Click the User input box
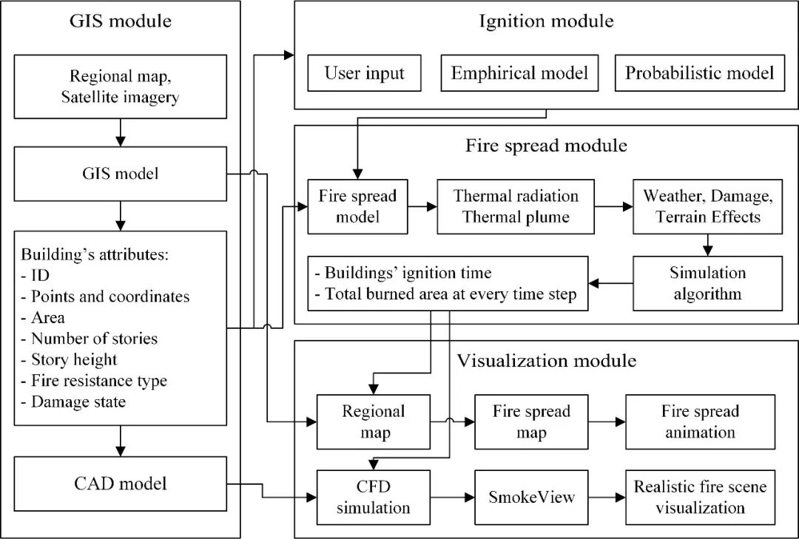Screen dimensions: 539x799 click(365, 73)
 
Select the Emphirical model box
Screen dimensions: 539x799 click(519, 73)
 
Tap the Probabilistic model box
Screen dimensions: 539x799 click(699, 73)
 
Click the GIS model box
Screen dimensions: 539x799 click(120, 175)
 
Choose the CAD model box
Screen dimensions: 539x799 click(120, 484)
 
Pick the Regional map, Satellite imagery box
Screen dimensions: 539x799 click(120, 87)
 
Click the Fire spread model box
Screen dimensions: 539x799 click(358, 207)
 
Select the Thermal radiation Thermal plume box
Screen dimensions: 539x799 click(516, 207)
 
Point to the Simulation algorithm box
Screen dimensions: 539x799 click(707, 283)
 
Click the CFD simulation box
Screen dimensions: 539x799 click(373, 497)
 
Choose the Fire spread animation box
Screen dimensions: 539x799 click(700, 421)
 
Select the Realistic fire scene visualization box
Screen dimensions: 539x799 click(700, 497)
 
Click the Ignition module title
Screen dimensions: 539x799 click(546, 21)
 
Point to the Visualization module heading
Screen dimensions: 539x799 click(547, 361)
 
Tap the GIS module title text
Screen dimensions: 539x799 click(120, 21)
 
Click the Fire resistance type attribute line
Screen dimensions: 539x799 click(99, 381)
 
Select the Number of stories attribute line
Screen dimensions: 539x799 click(95, 339)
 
